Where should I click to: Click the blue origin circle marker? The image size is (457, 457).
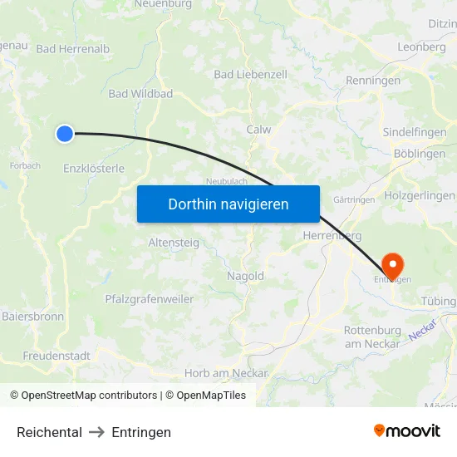point(65,133)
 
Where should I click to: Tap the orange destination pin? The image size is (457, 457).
point(391,265)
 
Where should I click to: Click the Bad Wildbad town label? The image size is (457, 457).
point(140,94)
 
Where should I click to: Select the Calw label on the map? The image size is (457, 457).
point(259,130)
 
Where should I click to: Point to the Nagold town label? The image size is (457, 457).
point(245,276)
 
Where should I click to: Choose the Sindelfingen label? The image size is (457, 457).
point(414,132)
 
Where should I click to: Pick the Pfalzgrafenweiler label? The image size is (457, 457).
point(149,299)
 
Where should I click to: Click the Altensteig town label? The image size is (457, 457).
point(173,243)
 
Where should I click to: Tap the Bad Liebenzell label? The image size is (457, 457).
point(250,75)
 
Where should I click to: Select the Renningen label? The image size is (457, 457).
point(373,81)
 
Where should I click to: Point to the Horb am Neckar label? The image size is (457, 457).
point(226,373)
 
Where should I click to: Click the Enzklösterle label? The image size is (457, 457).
point(94,168)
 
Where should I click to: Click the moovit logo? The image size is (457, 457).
point(406,430)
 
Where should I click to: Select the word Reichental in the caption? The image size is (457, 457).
point(49,432)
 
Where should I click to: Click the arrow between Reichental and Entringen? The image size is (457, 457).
point(96,432)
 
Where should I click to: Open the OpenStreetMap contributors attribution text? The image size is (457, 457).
point(89,396)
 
